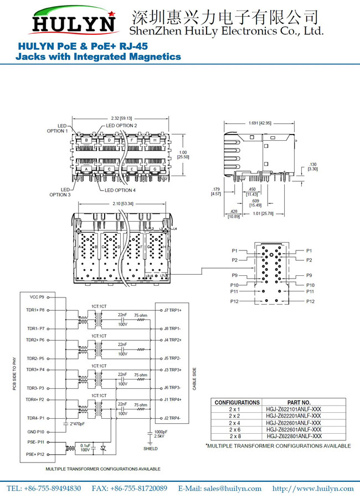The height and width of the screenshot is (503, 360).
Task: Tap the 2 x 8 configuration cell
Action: click(235, 436)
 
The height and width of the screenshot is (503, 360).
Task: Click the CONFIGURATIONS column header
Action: click(237, 402)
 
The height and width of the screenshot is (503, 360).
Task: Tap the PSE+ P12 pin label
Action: click(34, 454)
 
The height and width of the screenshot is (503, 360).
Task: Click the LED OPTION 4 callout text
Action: click(120, 190)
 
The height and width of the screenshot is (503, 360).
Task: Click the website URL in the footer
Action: click(313, 488)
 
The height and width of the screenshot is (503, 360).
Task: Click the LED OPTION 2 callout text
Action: click(121, 126)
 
